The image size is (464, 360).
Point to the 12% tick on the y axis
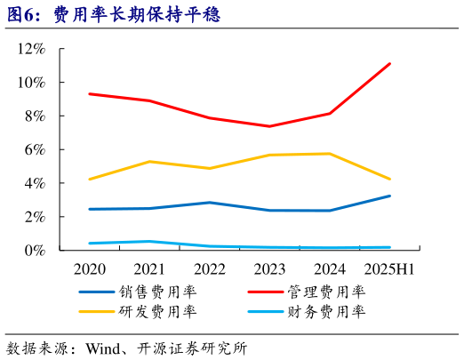pyautogui.click(x=32, y=49)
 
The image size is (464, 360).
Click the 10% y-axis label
pyautogui.click(x=32, y=83)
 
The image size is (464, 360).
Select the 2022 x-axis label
pyautogui.click(x=209, y=268)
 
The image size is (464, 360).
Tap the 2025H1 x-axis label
pyautogui.click(x=389, y=268)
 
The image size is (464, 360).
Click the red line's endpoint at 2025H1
pyautogui.click(x=389, y=64)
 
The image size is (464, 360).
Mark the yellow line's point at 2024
pyautogui.click(x=330, y=154)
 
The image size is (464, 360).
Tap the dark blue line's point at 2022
pyautogui.click(x=209, y=203)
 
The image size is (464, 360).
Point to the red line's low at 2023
pyautogui.click(x=269, y=126)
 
